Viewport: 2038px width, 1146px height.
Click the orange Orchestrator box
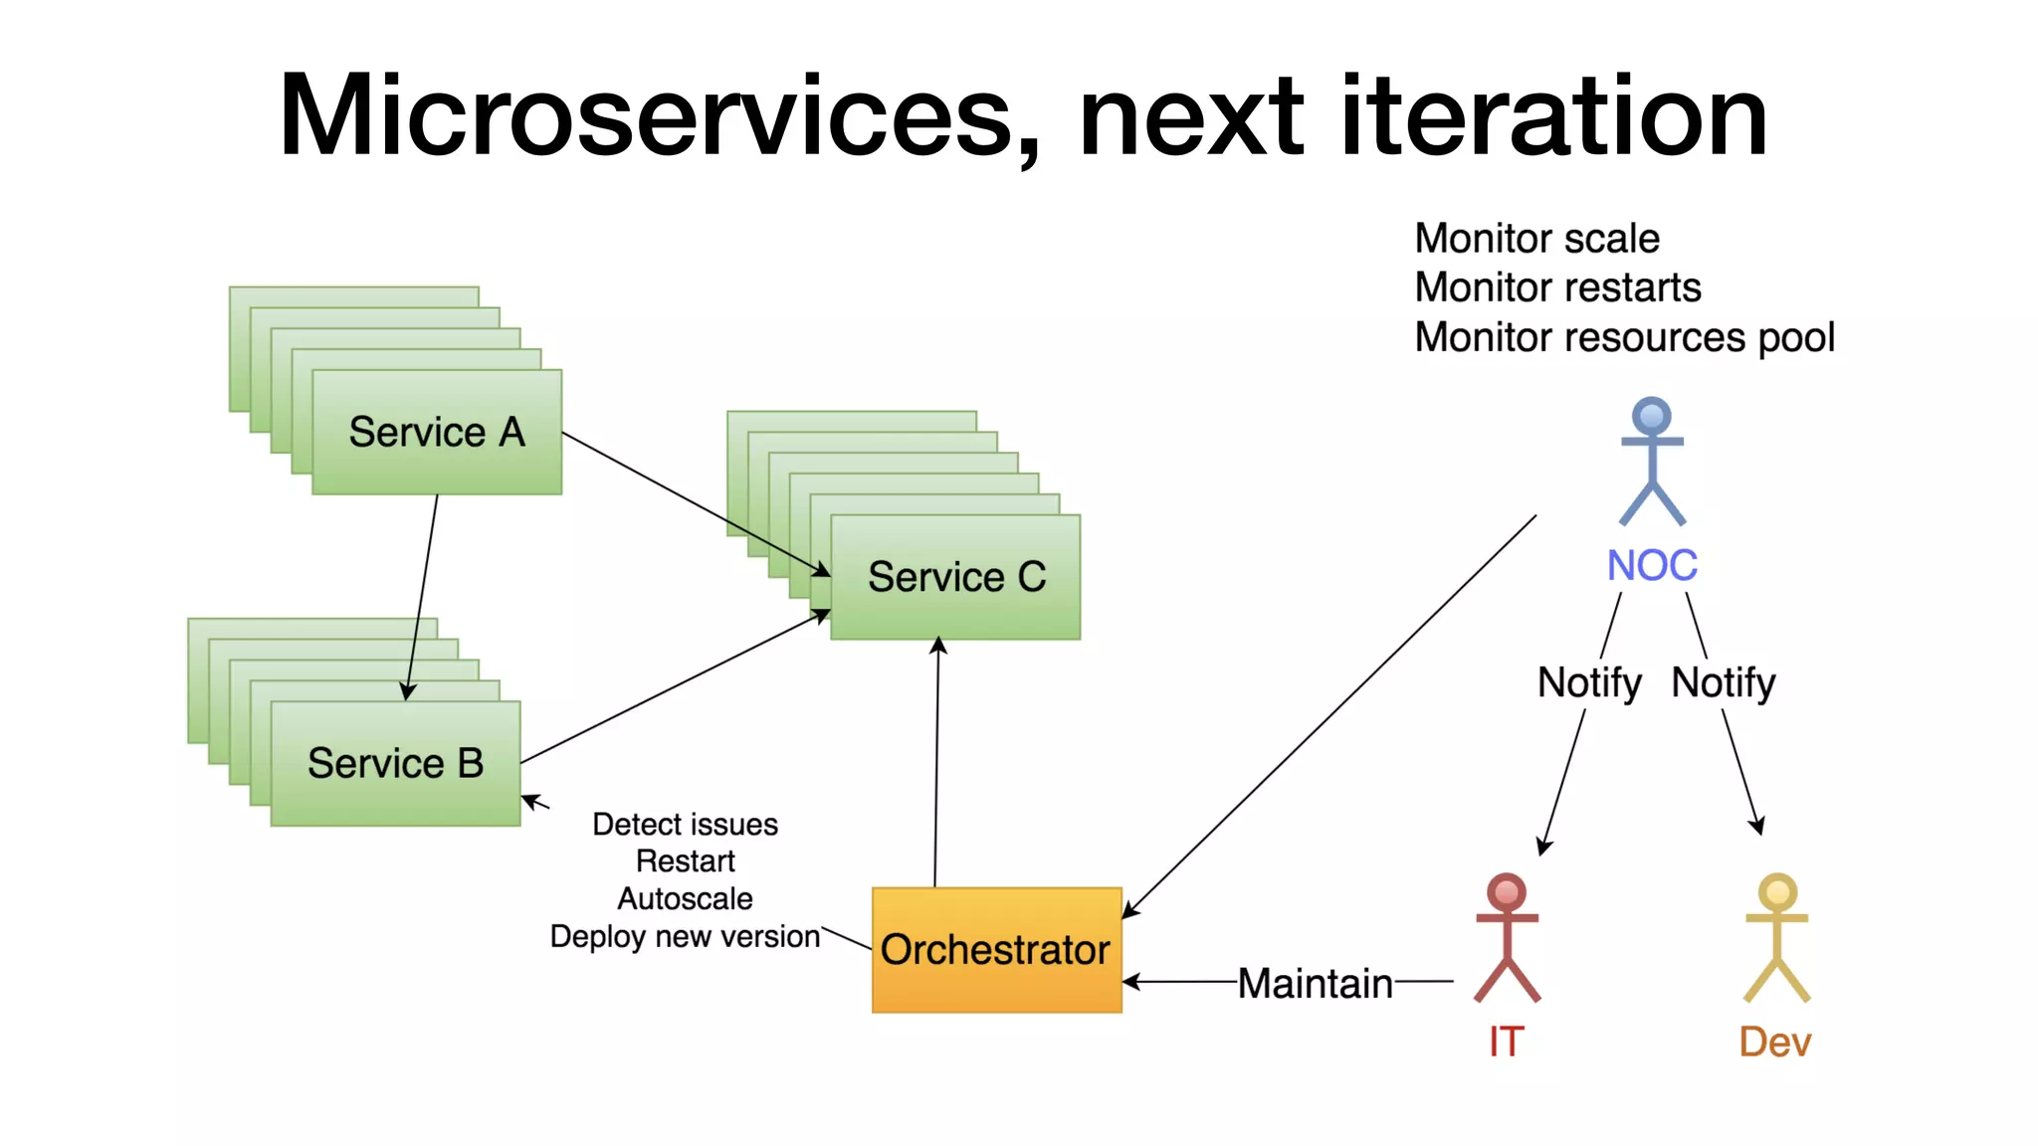coord(996,950)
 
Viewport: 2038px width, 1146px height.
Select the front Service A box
coord(437,432)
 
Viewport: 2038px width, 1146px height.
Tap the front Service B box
coord(395,763)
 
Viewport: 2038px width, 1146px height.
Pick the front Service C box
coord(955,577)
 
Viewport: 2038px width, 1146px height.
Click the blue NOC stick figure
coord(1652,461)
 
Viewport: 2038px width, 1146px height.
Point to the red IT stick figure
coord(1507,937)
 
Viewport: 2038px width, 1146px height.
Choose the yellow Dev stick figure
coord(1777,937)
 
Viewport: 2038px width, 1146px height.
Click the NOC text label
coord(1652,565)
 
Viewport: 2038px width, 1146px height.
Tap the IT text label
coord(1506,1042)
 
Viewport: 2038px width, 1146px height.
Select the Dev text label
coord(1775,1042)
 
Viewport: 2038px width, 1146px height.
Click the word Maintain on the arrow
coord(1316,984)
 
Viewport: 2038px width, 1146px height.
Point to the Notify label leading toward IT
coord(1589,683)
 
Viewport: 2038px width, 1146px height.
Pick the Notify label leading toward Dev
coord(1724,683)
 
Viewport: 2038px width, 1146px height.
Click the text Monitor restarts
coord(1558,287)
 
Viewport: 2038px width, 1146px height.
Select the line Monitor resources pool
coord(1625,338)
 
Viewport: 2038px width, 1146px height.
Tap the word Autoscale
coord(686,898)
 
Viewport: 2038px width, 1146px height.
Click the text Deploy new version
coord(686,937)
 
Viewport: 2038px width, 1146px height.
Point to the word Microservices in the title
coord(660,117)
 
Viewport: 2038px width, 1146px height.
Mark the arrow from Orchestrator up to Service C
coord(936,762)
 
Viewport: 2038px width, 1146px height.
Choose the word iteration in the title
coord(1554,115)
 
